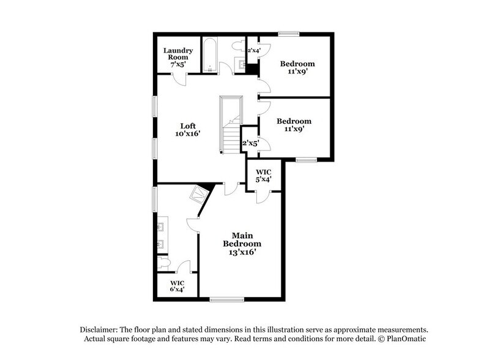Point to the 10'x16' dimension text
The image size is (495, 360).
click(x=187, y=133)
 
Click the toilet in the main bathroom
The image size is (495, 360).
click(x=163, y=263)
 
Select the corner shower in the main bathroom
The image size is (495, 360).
click(x=198, y=195)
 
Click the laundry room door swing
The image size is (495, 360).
click(x=178, y=78)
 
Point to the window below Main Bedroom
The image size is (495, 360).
click(x=226, y=299)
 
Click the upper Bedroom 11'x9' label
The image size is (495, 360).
click(x=297, y=67)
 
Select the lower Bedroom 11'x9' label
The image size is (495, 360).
click(x=294, y=125)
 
